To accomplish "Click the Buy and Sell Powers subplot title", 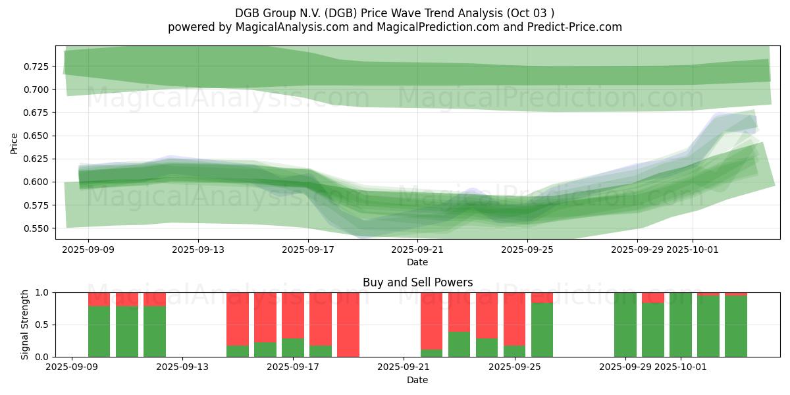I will click(417, 282).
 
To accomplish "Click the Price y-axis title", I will click(14, 143).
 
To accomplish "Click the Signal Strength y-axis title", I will click(25, 324).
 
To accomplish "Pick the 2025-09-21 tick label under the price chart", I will click(417, 250).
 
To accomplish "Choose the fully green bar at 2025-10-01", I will click(680, 325).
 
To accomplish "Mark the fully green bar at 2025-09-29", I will click(625, 325).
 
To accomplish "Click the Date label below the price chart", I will click(417, 262).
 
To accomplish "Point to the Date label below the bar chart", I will click(417, 380).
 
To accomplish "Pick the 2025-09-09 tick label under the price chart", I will click(89, 250).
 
